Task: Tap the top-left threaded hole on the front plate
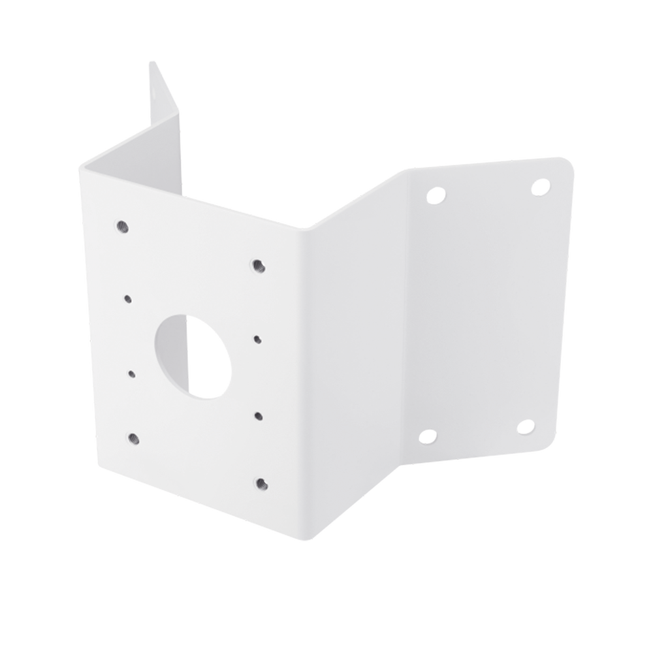coord(121,227)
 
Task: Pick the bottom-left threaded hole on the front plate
coord(134,438)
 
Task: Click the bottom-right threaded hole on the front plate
coord(261,483)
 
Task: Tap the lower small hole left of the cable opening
coord(133,374)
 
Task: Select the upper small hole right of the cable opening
coord(257,339)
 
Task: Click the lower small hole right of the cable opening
coord(259,415)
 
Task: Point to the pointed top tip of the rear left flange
coord(150,61)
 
